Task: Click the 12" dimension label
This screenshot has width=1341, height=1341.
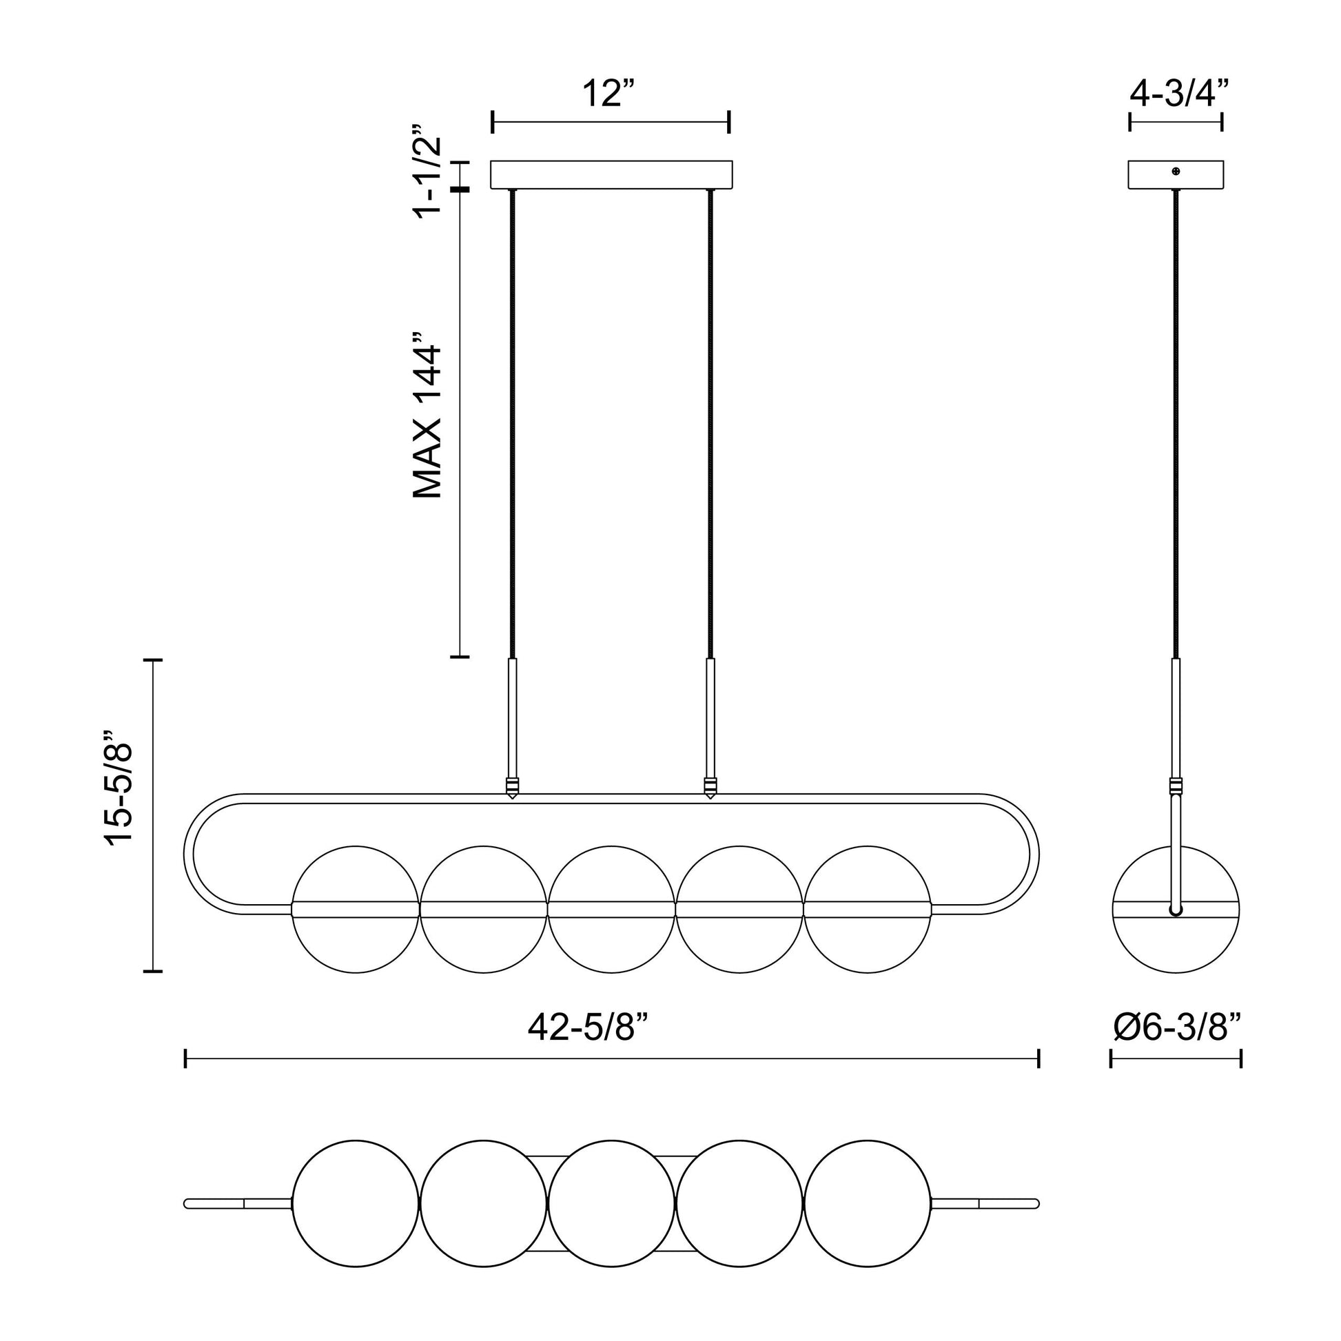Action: coord(608,94)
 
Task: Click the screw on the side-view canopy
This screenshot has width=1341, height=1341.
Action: coord(1176,171)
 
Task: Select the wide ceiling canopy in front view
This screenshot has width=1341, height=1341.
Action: coord(611,175)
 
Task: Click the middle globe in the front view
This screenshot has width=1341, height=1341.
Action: coord(611,909)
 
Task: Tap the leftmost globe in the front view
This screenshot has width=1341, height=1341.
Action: coord(356,909)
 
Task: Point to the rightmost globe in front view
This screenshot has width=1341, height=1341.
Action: coord(867,909)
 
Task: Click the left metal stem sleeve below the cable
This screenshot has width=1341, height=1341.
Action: coord(512,718)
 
